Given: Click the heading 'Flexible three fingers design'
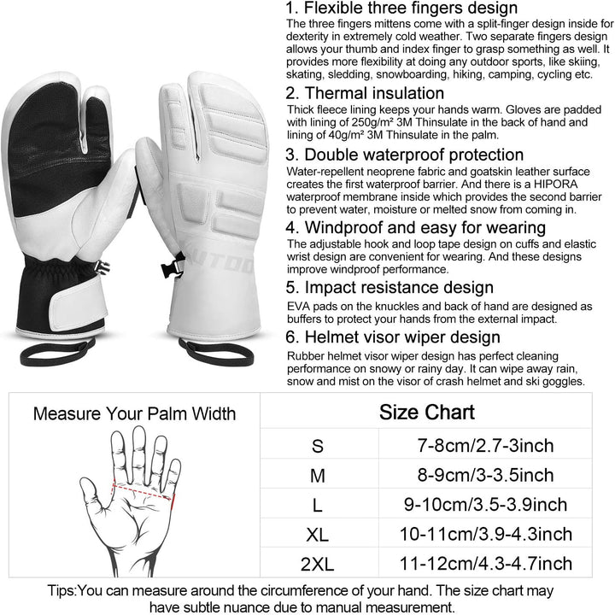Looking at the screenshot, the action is (x=401, y=8).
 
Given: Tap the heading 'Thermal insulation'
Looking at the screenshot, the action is (x=365, y=93).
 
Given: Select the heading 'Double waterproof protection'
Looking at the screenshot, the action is (x=404, y=155).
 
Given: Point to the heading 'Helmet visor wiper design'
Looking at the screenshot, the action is (x=393, y=337).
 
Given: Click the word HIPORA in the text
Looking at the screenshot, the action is (x=556, y=184).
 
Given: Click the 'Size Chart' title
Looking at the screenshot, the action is (x=427, y=413).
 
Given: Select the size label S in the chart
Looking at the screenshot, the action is (x=317, y=447).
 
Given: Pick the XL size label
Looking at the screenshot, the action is (x=317, y=535).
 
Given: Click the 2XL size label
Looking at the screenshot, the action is (x=317, y=565).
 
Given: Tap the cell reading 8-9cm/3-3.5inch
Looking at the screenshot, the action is (x=485, y=475).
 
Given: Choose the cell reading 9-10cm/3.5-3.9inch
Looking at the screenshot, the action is (x=485, y=505).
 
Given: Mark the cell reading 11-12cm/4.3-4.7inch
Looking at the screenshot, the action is (x=485, y=564).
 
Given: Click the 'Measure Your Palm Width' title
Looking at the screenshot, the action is (x=135, y=413).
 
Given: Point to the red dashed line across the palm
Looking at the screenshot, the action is (x=143, y=491).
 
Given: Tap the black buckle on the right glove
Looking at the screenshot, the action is (x=172, y=266).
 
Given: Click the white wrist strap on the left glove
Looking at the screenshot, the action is (x=79, y=302).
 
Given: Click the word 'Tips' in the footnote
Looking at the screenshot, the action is (x=61, y=591).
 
